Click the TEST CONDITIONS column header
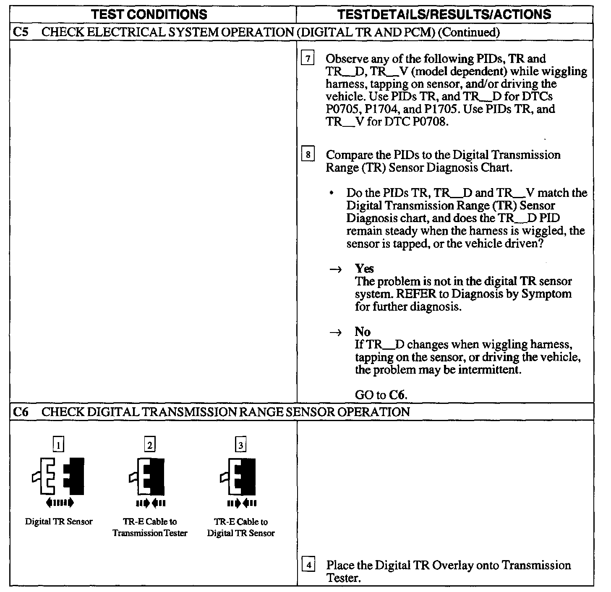(x=149, y=14)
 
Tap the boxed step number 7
(x=308, y=59)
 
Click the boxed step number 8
(x=308, y=155)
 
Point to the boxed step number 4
(x=308, y=565)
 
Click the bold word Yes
(x=364, y=269)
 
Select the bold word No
(x=363, y=332)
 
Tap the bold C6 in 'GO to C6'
(x=398, y=395)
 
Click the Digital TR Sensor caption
(x=59, y=522)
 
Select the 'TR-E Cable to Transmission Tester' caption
(x=150, y=527)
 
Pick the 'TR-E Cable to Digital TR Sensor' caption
(x=241, y=527)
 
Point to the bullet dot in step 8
(x=332, y=194)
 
